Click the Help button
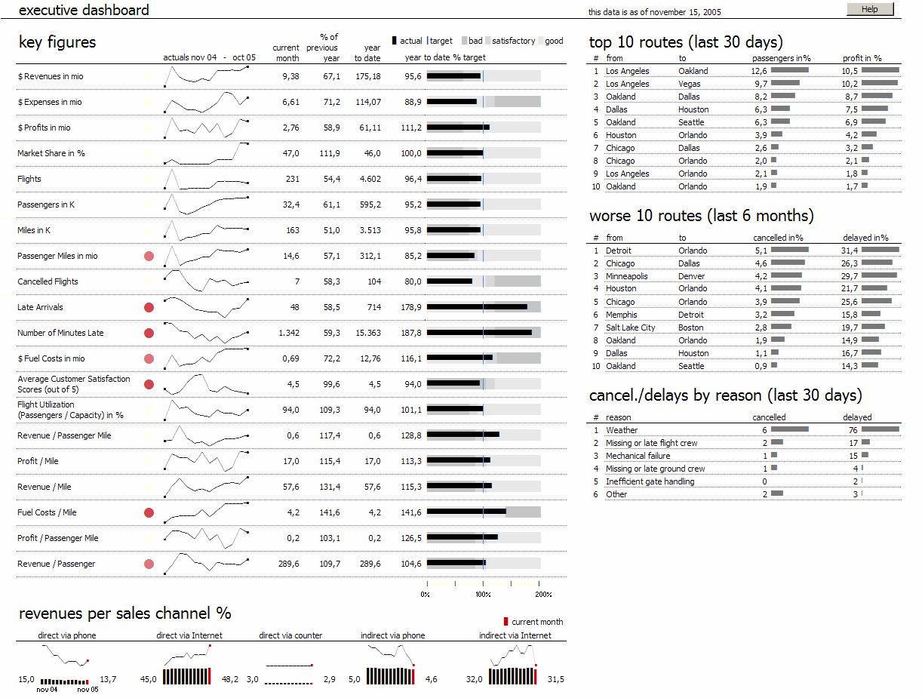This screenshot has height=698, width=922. coord(869,9)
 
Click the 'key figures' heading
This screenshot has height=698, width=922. coord(57,42)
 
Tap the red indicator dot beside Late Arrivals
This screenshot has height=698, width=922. coord(149,307)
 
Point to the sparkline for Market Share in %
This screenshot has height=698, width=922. coord(206,153)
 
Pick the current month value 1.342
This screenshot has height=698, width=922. coord(288,333)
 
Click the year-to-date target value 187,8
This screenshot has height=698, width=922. coord(413,333)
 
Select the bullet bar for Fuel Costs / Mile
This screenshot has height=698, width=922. coord(484,512)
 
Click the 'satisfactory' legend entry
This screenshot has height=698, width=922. coord(513,41)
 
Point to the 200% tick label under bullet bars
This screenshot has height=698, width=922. coord(543,594)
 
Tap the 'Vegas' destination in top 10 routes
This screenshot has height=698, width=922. coord(689,84)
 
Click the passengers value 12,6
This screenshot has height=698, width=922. coord(759,71)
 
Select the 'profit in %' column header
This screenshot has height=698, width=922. coord(862,58)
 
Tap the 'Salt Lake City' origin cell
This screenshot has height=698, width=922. coord(630,327)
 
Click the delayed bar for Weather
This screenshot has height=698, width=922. coord(880,430)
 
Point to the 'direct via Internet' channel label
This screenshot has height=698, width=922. coord(189,635)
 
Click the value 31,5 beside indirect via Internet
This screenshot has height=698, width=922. coord(555,679)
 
